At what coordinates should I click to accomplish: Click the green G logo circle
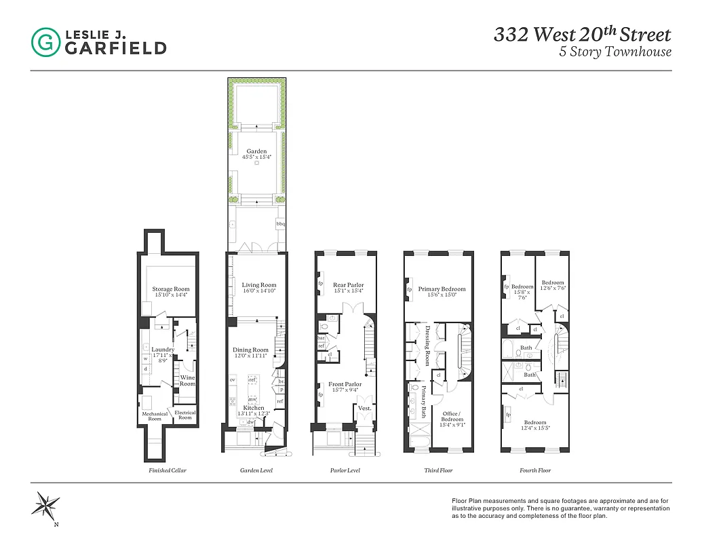pos(45,41)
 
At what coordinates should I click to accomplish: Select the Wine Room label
pos(187,380)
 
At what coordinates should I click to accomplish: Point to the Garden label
pos(257,151)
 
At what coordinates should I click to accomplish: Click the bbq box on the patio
pos(280,223)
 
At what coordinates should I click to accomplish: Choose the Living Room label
pos(259,285)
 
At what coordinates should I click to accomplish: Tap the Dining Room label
pos(250,350)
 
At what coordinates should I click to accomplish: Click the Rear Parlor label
pos(349,285)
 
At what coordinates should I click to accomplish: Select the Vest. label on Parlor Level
pos(365,408)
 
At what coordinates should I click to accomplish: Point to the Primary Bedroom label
pos(442,289)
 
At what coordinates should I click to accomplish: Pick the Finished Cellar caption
pos(168,470)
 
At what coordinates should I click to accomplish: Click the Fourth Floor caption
pos(535,470)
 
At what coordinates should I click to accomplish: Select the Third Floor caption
pos(438,470)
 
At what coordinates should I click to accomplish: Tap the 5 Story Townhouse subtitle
pos(615,52)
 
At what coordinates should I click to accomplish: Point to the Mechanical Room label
pos(155,416)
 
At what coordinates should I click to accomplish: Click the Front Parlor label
pos(345,384)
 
